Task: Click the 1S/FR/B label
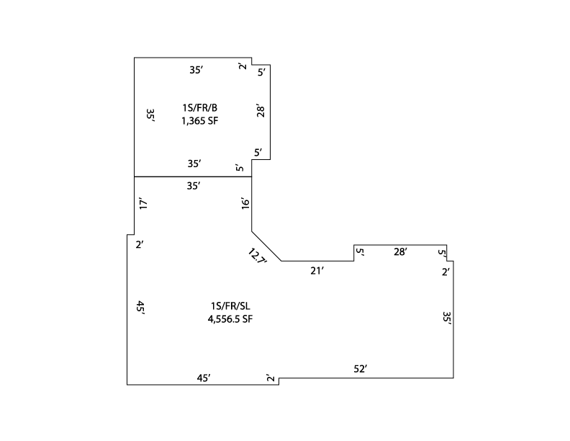(199, 107)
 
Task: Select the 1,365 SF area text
(199, 121)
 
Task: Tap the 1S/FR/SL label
(230, 306)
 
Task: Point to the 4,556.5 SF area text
(230, 319)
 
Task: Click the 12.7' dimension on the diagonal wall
(258, 257)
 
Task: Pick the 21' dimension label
(317, 271)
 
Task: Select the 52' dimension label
(361, 369)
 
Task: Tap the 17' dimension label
(143, 203)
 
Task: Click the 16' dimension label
(245, 203)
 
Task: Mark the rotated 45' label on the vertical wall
(140, 308)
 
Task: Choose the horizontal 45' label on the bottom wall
(204, 378)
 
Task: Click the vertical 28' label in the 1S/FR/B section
(261, 111)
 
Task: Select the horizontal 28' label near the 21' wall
(400, 251)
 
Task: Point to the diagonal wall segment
(266, 246)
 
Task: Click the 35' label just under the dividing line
(194, 186)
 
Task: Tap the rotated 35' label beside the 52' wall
(447, 318)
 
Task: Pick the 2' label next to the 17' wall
(140, 244)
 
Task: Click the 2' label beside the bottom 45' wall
(270, 378)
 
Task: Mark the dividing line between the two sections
(193, 177)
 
